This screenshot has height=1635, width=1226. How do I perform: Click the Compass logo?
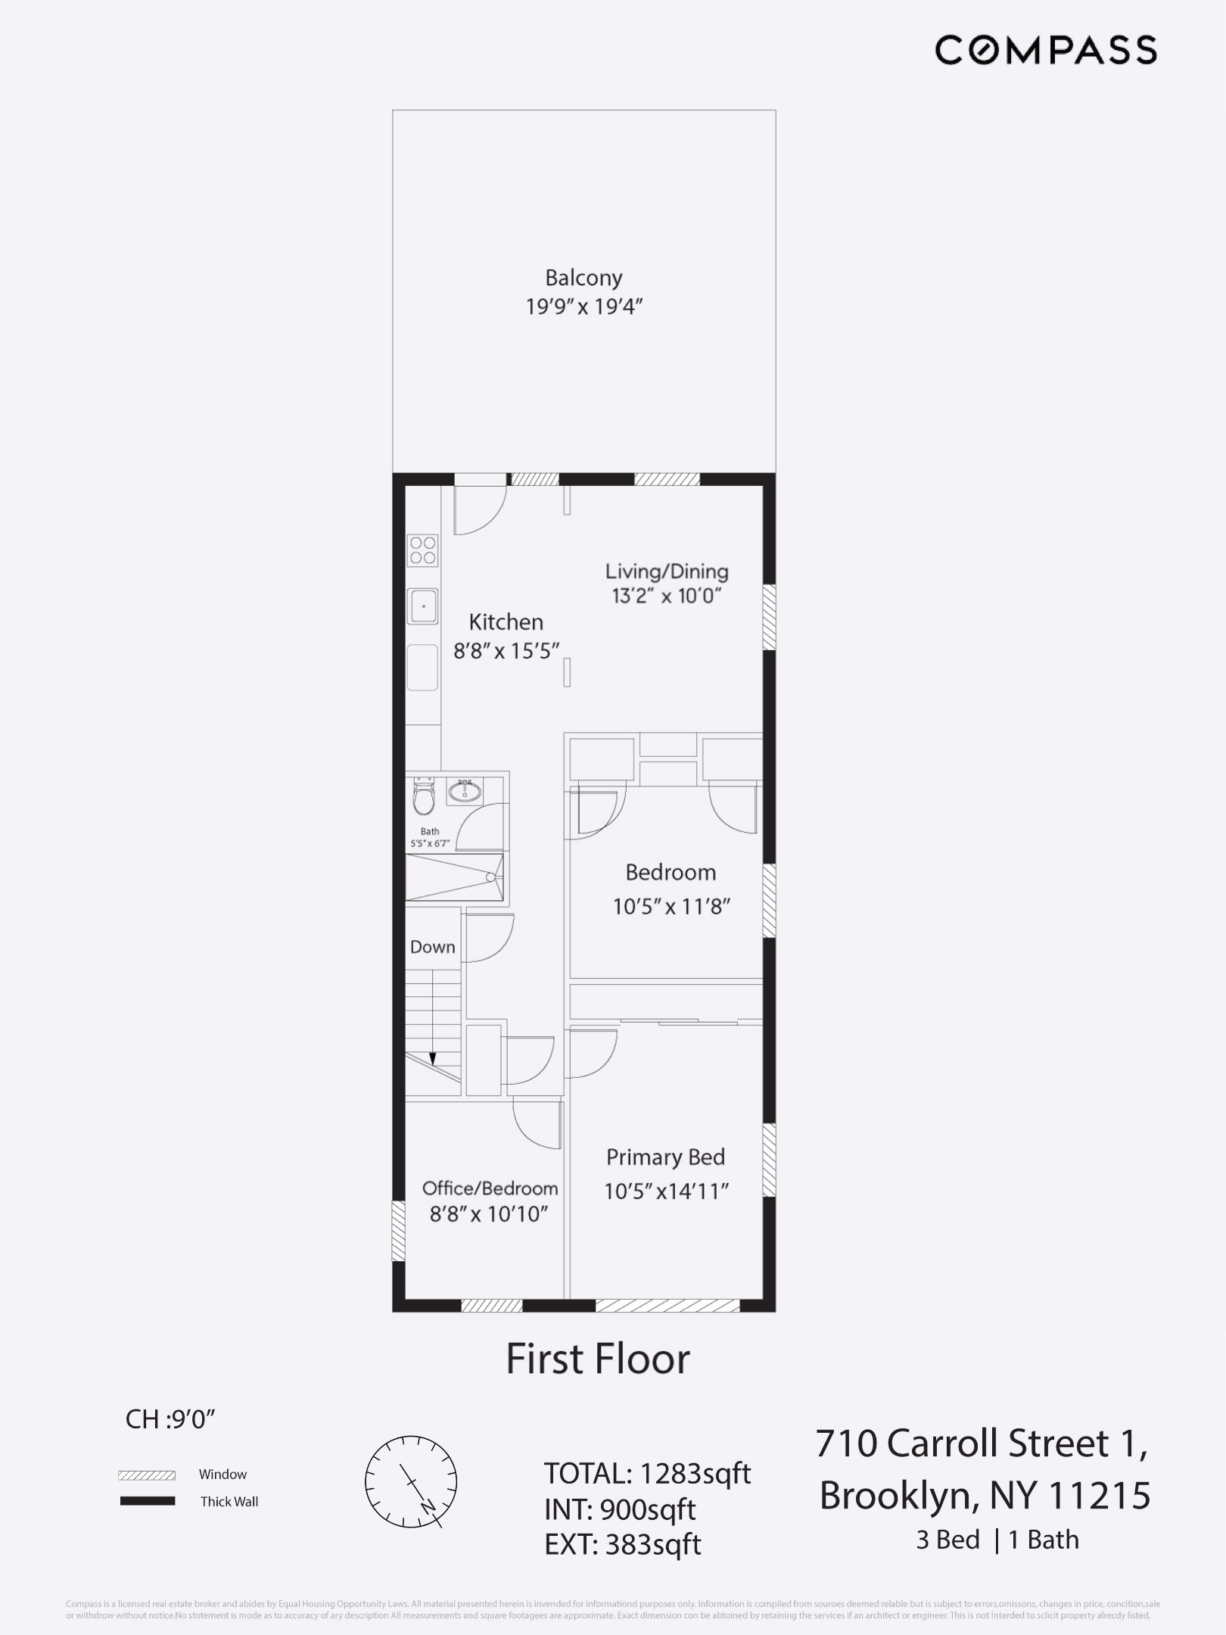[1045, 50]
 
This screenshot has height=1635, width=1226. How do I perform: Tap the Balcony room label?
[583, 278]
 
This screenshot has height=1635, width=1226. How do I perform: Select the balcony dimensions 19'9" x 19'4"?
[583, 307]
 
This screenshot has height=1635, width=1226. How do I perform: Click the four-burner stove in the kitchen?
[423, 550]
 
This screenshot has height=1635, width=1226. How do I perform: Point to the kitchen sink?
[423, 606]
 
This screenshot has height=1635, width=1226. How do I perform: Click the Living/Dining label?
[666, 571]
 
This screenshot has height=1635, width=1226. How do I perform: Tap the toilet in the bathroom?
[423, 797]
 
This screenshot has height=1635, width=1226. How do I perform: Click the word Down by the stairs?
[432, 947]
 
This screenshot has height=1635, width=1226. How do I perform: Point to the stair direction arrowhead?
[432, 1059]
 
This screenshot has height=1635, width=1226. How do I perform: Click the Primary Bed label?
[665, 1157]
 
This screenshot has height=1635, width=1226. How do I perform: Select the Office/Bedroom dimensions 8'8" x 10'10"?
[489, 1214]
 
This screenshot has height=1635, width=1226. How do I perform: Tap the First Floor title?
[597, 1359]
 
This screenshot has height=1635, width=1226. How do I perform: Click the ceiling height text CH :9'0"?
[171, 1419]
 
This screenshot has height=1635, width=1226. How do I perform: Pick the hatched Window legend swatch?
[147, 1475]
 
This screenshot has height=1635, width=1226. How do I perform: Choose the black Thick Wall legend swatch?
[147, 1501]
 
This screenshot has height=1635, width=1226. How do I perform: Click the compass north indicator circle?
[411, 1481]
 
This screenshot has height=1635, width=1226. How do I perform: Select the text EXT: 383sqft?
[622, 1544]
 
